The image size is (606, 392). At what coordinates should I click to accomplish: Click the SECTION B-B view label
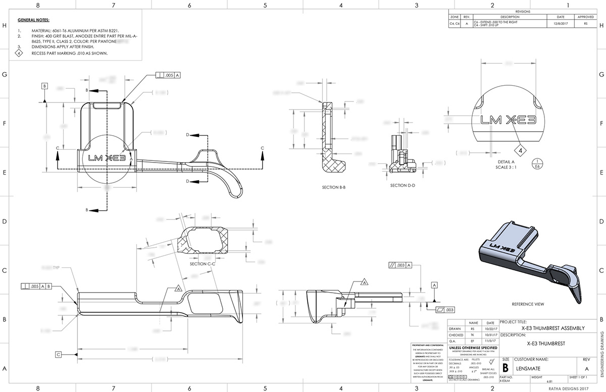point(334,187)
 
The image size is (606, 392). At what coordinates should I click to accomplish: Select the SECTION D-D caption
point(402,185)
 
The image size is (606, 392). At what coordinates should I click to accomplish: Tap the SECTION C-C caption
point(203,264)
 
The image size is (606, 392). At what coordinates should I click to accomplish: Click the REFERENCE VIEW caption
point(528,304)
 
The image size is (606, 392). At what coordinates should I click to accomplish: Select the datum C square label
point(59,355)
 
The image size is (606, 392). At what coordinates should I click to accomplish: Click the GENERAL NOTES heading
point(33,21)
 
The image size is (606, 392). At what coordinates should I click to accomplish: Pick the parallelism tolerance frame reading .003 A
point(401,265)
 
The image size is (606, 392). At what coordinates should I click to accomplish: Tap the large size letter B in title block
point(506,366)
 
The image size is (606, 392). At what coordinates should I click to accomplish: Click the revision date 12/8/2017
point(559,23)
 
